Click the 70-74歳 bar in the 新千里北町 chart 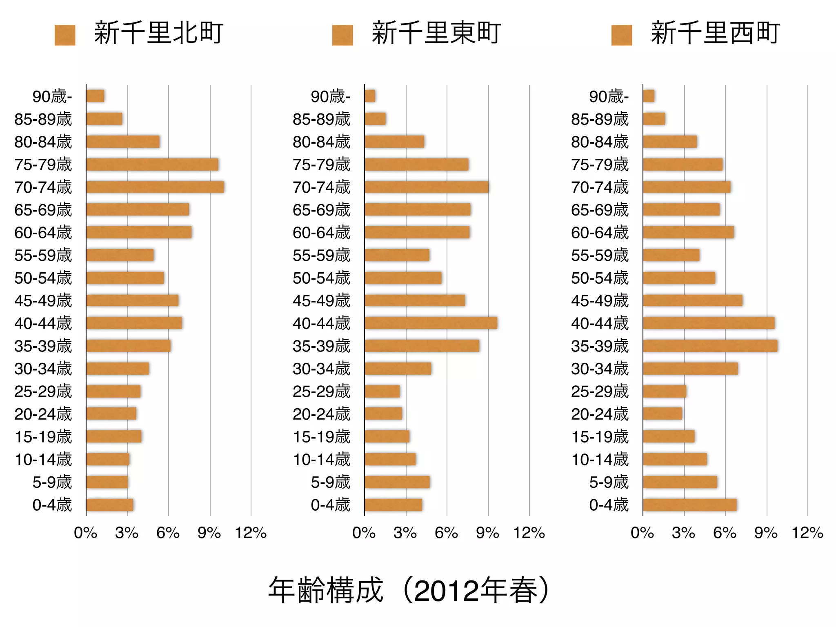click(x=155, y=187)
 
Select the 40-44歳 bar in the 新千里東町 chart click(x=431, y=323)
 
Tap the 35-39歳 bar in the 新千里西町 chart click(x=710, y=346)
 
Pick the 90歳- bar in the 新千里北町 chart click(x=95, y=96)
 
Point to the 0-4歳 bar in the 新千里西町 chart click(x=689, y=505)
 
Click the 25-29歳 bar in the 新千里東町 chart click(x=382, y=391)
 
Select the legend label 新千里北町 click(x=158, y=33)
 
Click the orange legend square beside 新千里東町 click(x=342, y=35)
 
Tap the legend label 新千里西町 click(x=715, y=33)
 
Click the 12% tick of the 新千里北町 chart click(x=251, y=533)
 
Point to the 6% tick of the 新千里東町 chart click(x=446, y=533)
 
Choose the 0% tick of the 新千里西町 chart click(x=642, y=533)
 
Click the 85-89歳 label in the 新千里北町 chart click(x=43, y=119)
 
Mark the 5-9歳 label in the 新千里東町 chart click(x=330, y=482)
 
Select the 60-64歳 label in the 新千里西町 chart click(x=600, y=233)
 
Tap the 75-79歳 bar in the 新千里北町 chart click(x=152, y=165)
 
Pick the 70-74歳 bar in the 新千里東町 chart click(x=427, y=187)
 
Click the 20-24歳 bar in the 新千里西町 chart click(x=663, y=414)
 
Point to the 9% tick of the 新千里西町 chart click(x=766, y=533)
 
